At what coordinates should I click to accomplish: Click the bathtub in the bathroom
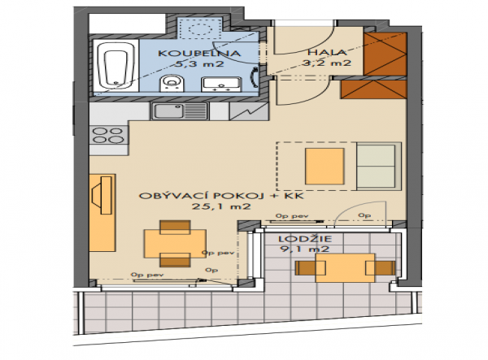pyautogui.click(x=115, y=66)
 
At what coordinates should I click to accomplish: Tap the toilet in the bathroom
pyautogui.click(x=171, y=84)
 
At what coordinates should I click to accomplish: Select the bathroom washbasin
pyautogui.click(x=221, y=85)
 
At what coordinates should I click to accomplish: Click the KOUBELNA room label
pyautogui.click(x=199, y=53)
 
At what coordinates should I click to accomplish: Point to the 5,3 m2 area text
pyautogui.click(x=199, y=64)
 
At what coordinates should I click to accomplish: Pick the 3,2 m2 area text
pyautogui.click(x=327, y=63)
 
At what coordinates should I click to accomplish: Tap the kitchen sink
pyautogui.click(x=180, y=111)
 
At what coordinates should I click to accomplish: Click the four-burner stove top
pyautogui.click(x=108, y=136)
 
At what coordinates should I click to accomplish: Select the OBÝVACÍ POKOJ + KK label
pyautogui.click(x=221, y=196)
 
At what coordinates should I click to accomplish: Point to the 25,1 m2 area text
pyautogui.click(x=221, y=206)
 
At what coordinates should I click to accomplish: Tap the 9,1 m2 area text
pyautogui.click(x=305, y=249)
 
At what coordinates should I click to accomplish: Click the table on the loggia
pyautogui.click(x=345, y=267)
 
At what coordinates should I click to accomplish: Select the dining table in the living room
pyautogui.click(x=175, y=244)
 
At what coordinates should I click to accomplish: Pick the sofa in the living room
pyautogui.click(x=379, y=167)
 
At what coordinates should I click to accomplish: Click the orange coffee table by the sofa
pyautogui.click(x=325, y=167)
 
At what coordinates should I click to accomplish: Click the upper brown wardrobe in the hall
pyautogui.click(x=386, y=54)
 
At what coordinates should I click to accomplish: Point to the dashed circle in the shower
pyautogui.click(x=199, y=30)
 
